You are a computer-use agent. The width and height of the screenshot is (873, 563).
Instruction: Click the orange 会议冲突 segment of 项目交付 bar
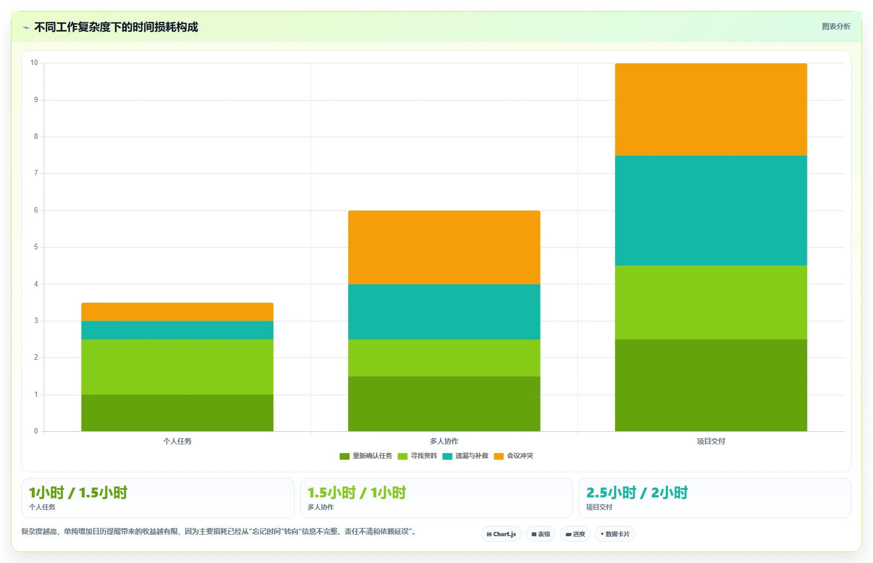click(x=711, y=109)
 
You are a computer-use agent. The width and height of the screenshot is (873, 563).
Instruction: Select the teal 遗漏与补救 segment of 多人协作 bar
click(x=444, y=312)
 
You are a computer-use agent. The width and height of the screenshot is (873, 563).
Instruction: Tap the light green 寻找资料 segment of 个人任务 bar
click(x=177, y=367)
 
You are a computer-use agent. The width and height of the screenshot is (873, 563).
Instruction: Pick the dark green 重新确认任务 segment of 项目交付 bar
click(x=711, y=385)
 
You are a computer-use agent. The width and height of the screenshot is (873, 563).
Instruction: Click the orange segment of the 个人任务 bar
click(x=177, y=312)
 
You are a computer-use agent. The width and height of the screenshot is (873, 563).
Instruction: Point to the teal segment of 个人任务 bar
click(x=177, y=330)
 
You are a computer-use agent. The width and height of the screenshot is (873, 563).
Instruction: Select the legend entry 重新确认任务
click(x=366, y=456)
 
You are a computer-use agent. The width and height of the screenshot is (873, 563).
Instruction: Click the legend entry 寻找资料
click(x=418, y=456)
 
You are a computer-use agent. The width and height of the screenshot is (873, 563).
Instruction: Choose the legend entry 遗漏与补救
click(x=466, y=456)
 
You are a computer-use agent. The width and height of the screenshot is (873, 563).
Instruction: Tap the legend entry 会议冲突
click(x=514, y=456)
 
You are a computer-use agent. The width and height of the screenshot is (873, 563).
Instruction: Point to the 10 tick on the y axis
click(x=34, y=63)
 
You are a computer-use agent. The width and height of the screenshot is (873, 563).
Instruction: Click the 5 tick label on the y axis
click(x=36, y=247)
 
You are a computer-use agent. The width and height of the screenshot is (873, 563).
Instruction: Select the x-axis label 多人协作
click(x=444, y=441)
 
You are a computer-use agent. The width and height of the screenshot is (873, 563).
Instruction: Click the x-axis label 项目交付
click(x=711, y=441)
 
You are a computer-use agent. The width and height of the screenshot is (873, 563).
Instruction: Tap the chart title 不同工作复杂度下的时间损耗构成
click(x=116, y=27)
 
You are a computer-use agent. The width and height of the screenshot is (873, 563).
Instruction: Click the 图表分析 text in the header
click(x=836, y=26)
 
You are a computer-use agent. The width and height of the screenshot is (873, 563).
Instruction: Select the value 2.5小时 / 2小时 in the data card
click(x=637, y=492)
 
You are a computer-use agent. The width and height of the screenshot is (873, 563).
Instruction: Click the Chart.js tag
click(x=501, y=534)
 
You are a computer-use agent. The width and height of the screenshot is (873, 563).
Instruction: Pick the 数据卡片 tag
click(x=614, y=534)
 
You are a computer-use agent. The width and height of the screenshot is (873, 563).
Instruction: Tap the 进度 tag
click(x=575, y=534)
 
